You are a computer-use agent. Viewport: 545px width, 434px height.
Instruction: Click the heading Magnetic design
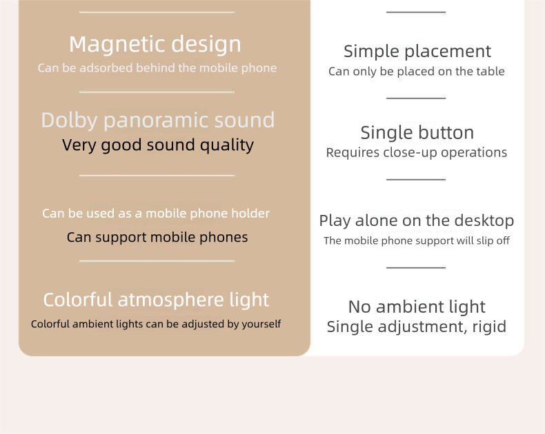(x=155, y=44)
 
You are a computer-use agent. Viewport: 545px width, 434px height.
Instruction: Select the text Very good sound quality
(x=158, y=145)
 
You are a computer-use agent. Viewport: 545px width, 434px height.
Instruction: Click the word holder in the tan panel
(x=251, y=214)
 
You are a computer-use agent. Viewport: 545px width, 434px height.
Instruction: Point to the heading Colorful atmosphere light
(x=156, y=300)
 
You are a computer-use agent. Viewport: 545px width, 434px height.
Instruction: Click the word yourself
(x=261, y=324)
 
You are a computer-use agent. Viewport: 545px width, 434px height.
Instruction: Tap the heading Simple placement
(x=417, y=51)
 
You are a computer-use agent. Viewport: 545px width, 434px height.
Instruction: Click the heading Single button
(x=417, y=132)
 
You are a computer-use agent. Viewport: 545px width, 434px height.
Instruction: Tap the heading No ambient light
(x=417, y=307)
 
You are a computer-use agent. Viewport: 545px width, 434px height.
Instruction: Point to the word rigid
(x=489, y=327)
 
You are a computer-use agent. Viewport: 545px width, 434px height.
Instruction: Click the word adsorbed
(x=106, y=68)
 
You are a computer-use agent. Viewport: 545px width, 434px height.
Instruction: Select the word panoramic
(x=148, y=120)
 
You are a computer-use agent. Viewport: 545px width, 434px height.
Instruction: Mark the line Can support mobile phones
(x=157, y=238)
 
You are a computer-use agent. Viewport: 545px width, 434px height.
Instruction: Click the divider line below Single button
(x=416, y=179)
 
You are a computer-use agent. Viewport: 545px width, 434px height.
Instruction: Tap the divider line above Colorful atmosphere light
(x=157, y=261)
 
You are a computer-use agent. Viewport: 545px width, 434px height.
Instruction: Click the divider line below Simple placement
(x=416, y=98)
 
